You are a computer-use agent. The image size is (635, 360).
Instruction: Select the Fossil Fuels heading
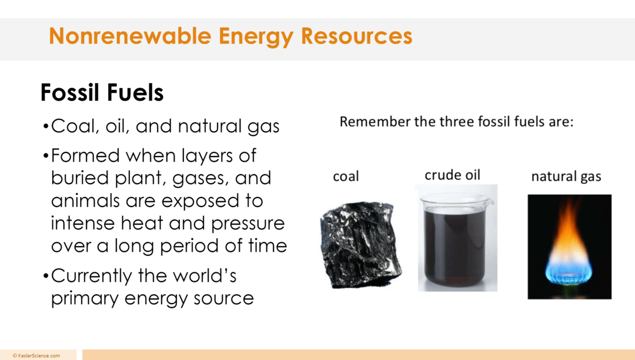102,93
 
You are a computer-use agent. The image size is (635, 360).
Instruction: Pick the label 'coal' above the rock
346,176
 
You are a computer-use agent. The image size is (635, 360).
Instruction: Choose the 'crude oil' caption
452,175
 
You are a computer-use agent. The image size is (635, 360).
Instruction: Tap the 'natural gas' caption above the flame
566,176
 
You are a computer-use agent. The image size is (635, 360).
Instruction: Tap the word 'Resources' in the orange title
356,36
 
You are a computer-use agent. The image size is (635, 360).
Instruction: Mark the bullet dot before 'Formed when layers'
46,157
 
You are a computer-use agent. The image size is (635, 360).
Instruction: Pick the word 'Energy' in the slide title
256,36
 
